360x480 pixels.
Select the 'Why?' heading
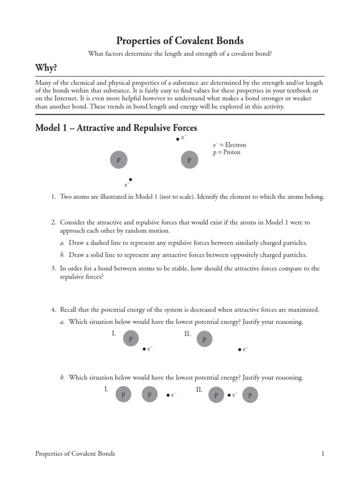pyautogui.click(x=46, y=68)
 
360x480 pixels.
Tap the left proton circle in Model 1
pyautogui.click(x=119, y=160)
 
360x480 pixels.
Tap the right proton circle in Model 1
pyautogui.click(x=189, y=160)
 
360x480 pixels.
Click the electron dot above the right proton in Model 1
pyautogui.click(x=177, y=139)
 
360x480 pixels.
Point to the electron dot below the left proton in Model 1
pyautogui.click(x=130, y=180)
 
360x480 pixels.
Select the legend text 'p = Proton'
pyautogui.click(x=226, y=152)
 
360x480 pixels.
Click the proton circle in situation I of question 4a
pyautogui.click(x=131, y=338)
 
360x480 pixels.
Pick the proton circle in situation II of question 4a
pyautogui.click(x=204, y=338)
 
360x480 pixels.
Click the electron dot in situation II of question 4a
pyautogui.click(x=240, y=350)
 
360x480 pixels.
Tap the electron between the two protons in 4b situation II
pyautogui.click(x=229, y=395)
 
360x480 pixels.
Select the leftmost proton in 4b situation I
pyautogui.click(x=123, y=395)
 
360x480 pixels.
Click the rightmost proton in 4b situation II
pyautogui.click(x=250, y=395)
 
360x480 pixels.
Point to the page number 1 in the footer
pyautogui.click(x=322, y=453)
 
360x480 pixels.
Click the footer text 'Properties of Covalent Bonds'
pyautogui.click(x=75, y=453)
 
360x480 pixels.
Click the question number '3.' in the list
pyautogui.click(x=53, y=269)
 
